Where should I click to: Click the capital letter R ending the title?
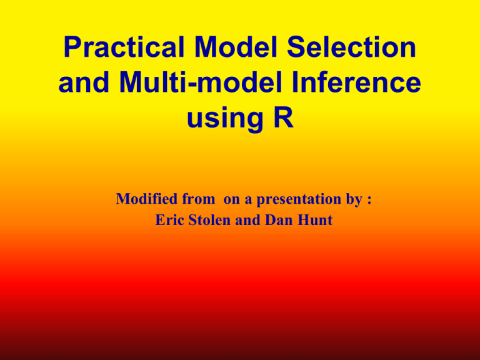pyautogui.click(x=281, y=119)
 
